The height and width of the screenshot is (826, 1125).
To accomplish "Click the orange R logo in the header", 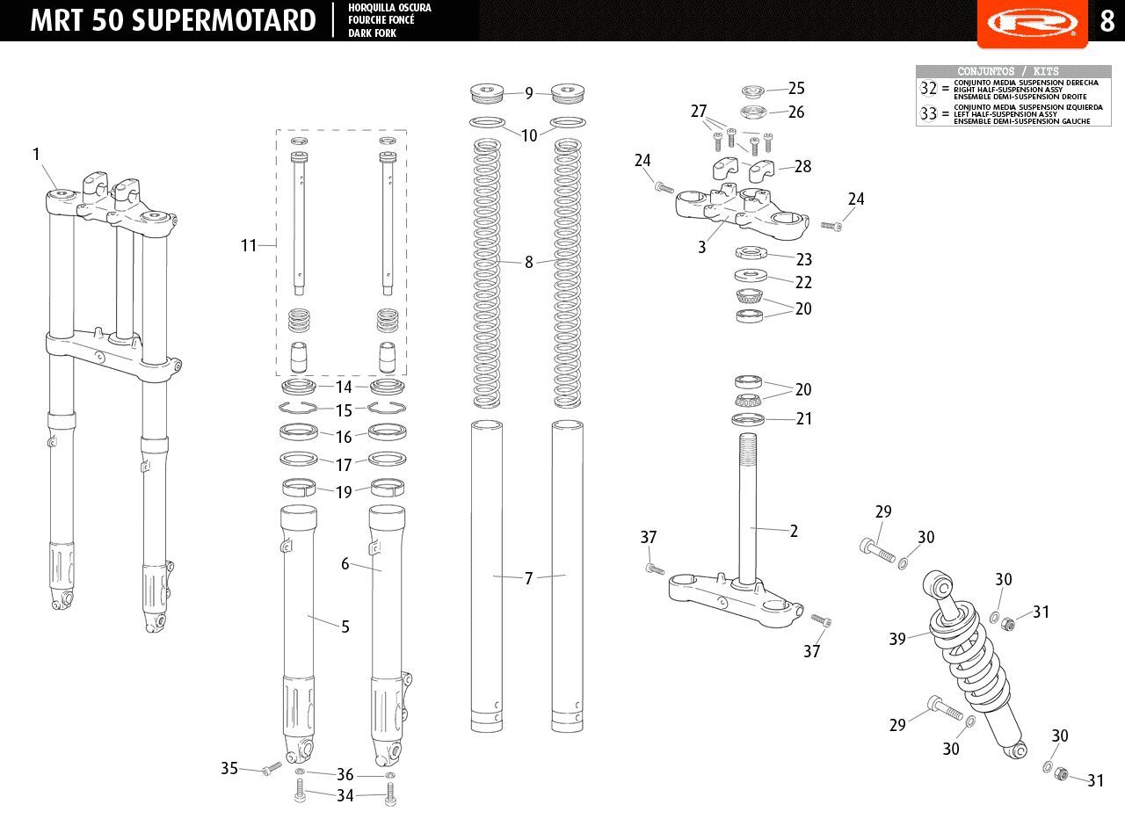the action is coord(1033,23).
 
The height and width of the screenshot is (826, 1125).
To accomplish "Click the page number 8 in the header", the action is coord(1107,21).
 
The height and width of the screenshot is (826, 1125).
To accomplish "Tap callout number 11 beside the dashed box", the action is coord(249,245).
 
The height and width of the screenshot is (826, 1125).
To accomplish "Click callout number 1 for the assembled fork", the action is coord(36,154).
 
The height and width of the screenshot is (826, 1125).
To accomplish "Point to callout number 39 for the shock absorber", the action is coord(897,639).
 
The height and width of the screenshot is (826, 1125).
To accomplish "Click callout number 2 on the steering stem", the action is coord(794,532).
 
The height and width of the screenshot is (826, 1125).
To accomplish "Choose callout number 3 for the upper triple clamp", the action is coord(701,247).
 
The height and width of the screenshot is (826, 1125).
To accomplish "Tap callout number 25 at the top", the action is coord(796,89).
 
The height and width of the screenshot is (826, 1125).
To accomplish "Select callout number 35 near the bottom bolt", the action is coord(229,768).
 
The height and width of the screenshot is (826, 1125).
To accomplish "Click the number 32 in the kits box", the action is coord(929,89).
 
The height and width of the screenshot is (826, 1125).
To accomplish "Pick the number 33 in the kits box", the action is coord(929,113).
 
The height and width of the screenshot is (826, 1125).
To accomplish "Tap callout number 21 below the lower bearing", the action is coord(804,419).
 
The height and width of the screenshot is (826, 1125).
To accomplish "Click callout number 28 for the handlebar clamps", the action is coord(802,167).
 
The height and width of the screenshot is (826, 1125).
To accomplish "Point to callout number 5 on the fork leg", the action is coord(345,627).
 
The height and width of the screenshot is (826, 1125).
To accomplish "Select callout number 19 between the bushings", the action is coord(344,493).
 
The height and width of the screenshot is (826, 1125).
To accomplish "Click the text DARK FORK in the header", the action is coord(372,33).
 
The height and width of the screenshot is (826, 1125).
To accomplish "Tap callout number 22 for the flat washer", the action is coord(803,283).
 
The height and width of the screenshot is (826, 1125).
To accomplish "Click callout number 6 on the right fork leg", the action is coord(345,564).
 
